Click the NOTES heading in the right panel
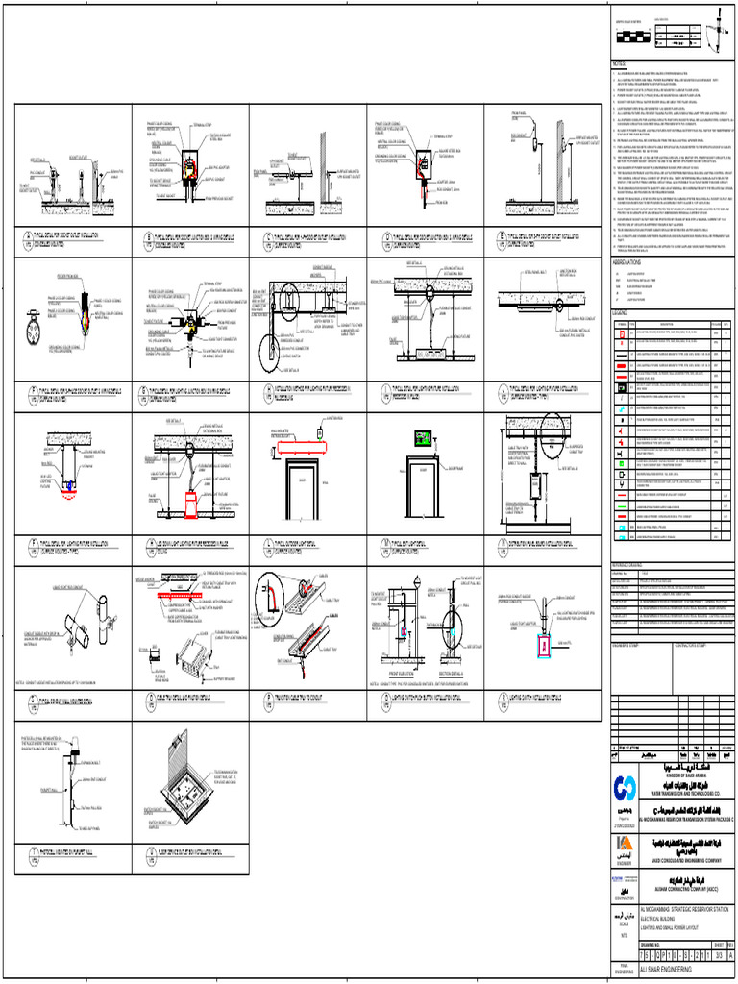click(x=619, y=64)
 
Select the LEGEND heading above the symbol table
click(x=621, y=312)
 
